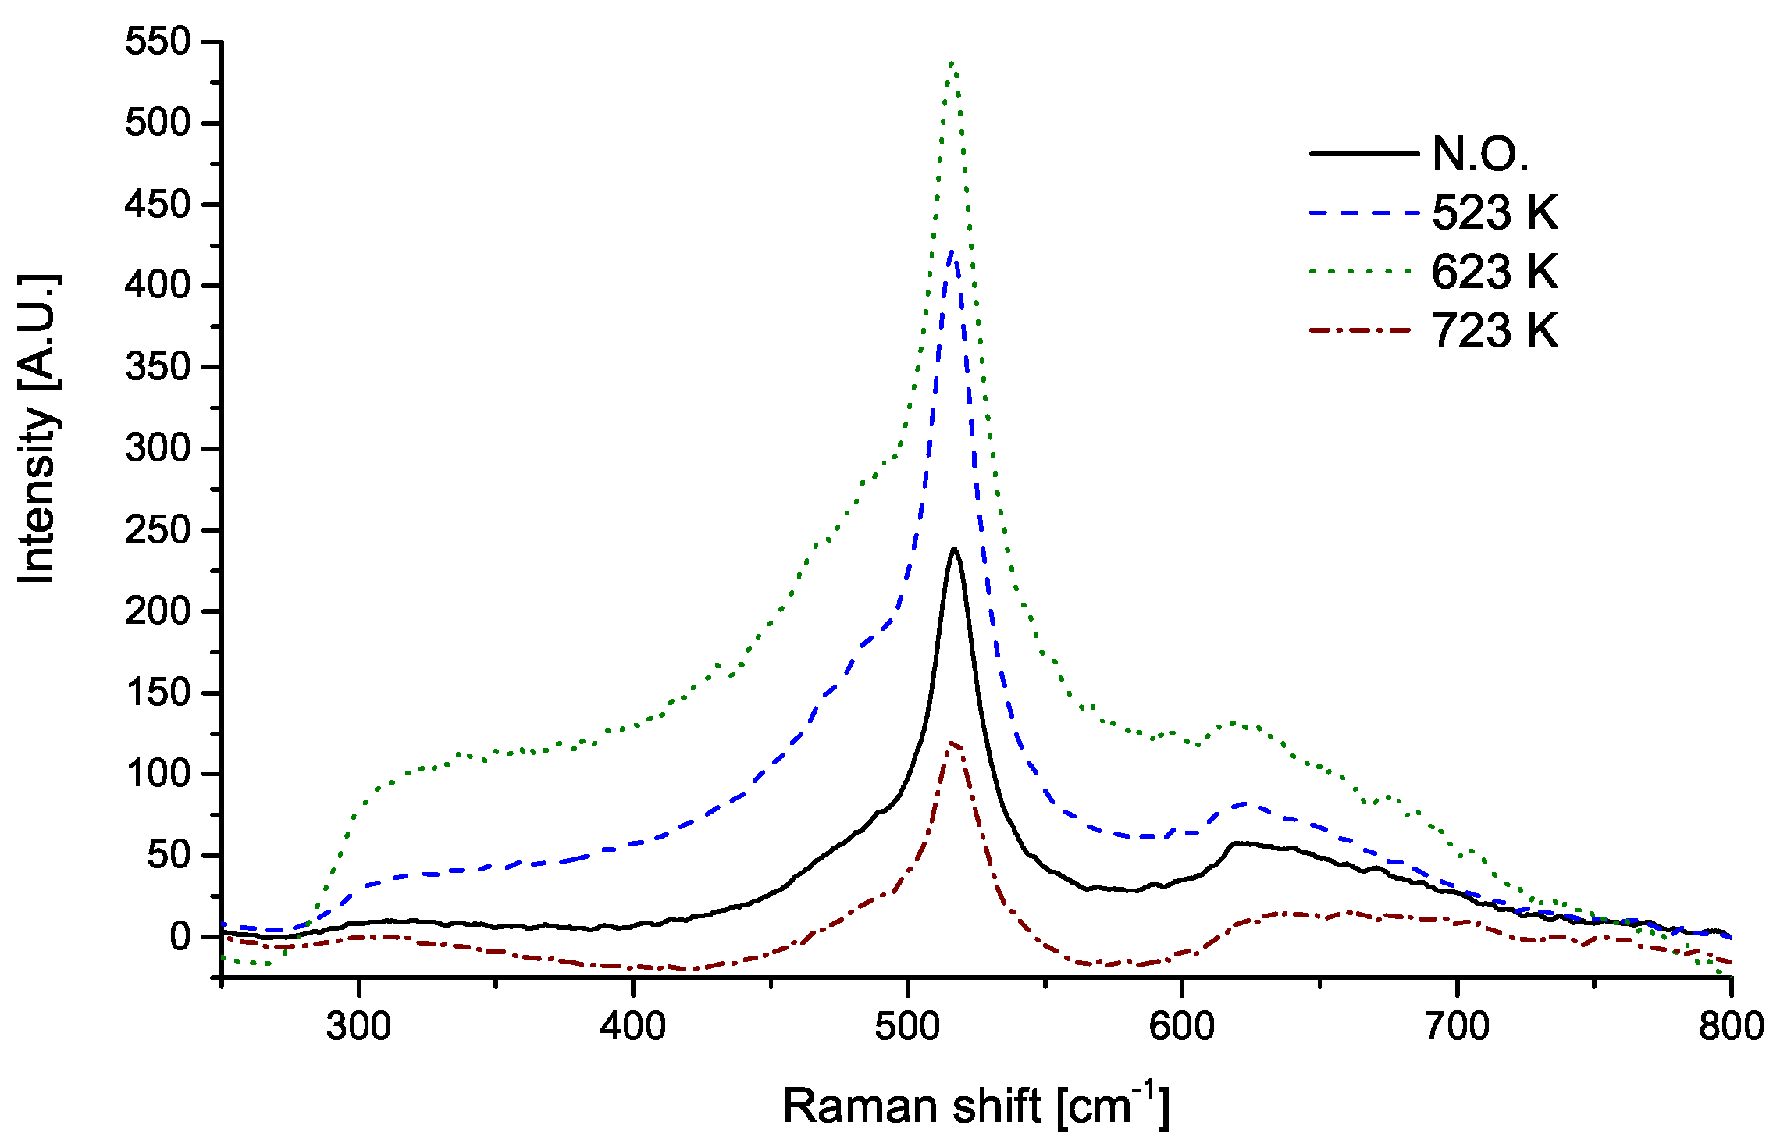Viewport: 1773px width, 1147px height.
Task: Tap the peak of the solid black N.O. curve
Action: pos(953,549)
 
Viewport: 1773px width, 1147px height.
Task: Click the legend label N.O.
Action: pos(1479,154)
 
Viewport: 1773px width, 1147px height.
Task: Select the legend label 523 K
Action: pos(1494,212)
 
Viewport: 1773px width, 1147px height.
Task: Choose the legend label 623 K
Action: pos(1494,272)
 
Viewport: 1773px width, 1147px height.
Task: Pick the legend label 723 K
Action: pos(1494,330)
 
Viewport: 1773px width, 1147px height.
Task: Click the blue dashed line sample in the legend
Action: pos(1362,212)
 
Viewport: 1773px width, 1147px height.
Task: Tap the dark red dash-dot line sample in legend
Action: pos(1362,330)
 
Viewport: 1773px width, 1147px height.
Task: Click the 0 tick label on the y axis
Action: pos(180,936)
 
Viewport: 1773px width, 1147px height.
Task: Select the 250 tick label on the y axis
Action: pos(158,530)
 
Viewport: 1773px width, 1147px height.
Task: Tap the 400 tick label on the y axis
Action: pos(158,286)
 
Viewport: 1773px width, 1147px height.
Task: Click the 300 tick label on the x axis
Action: pos(358,1025)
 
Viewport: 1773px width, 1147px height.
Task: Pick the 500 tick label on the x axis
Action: pos(907,1025)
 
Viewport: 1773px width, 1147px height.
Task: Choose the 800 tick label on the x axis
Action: pos(1731,1025)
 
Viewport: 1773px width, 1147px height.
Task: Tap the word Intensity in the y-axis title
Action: pos(37,496)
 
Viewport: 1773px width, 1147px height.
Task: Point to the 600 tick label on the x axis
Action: pos(1182,1025)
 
